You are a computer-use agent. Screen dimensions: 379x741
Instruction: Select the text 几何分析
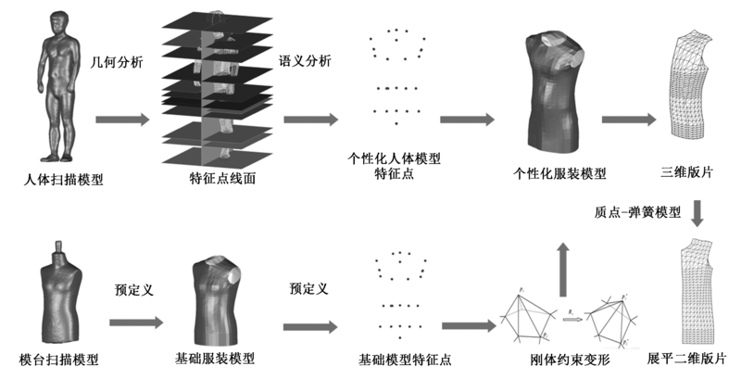click(116, 63)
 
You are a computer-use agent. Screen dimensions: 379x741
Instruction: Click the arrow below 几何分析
click(121, 120)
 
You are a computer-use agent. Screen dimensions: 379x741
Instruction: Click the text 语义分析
click(306, 63)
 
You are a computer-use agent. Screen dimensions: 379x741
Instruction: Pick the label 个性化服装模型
click(559, 173)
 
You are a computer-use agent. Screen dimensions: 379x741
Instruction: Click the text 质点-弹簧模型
click(637, 212)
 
